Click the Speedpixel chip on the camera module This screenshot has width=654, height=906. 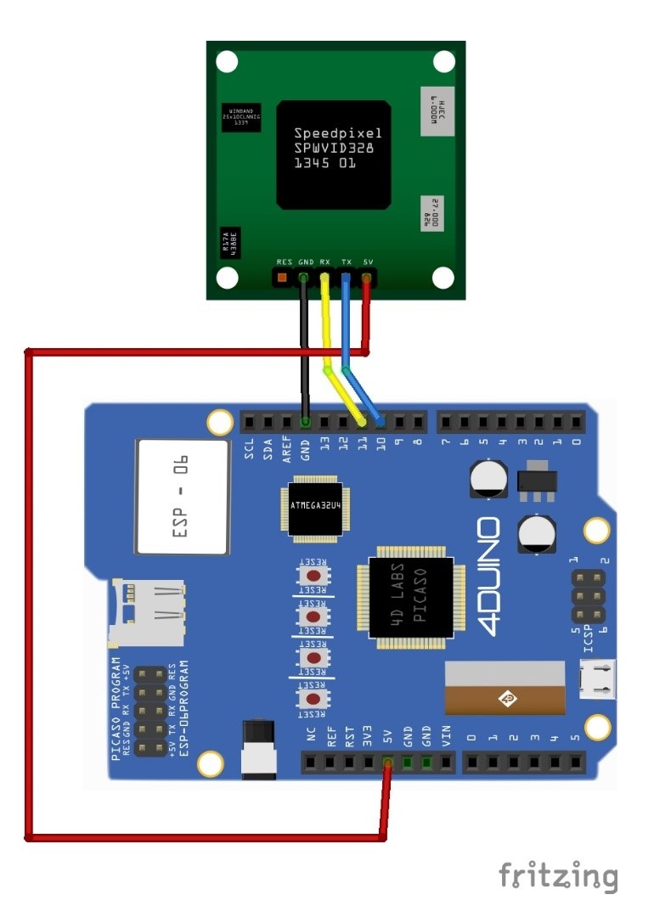tap(336, 155)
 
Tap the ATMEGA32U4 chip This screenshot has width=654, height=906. tap(315, 507)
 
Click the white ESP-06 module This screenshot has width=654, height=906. tap(183, 494)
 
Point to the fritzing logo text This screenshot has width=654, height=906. tap(558, 875)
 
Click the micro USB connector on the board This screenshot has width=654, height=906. tap(596, 679)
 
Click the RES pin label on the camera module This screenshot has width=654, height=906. tap(285, 262)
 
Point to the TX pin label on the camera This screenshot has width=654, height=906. tap(347, 262)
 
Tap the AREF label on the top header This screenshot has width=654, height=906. tap(287, 446)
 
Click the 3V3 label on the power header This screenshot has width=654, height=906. tap(368, 736)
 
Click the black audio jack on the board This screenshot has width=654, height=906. tap(258, 748)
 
